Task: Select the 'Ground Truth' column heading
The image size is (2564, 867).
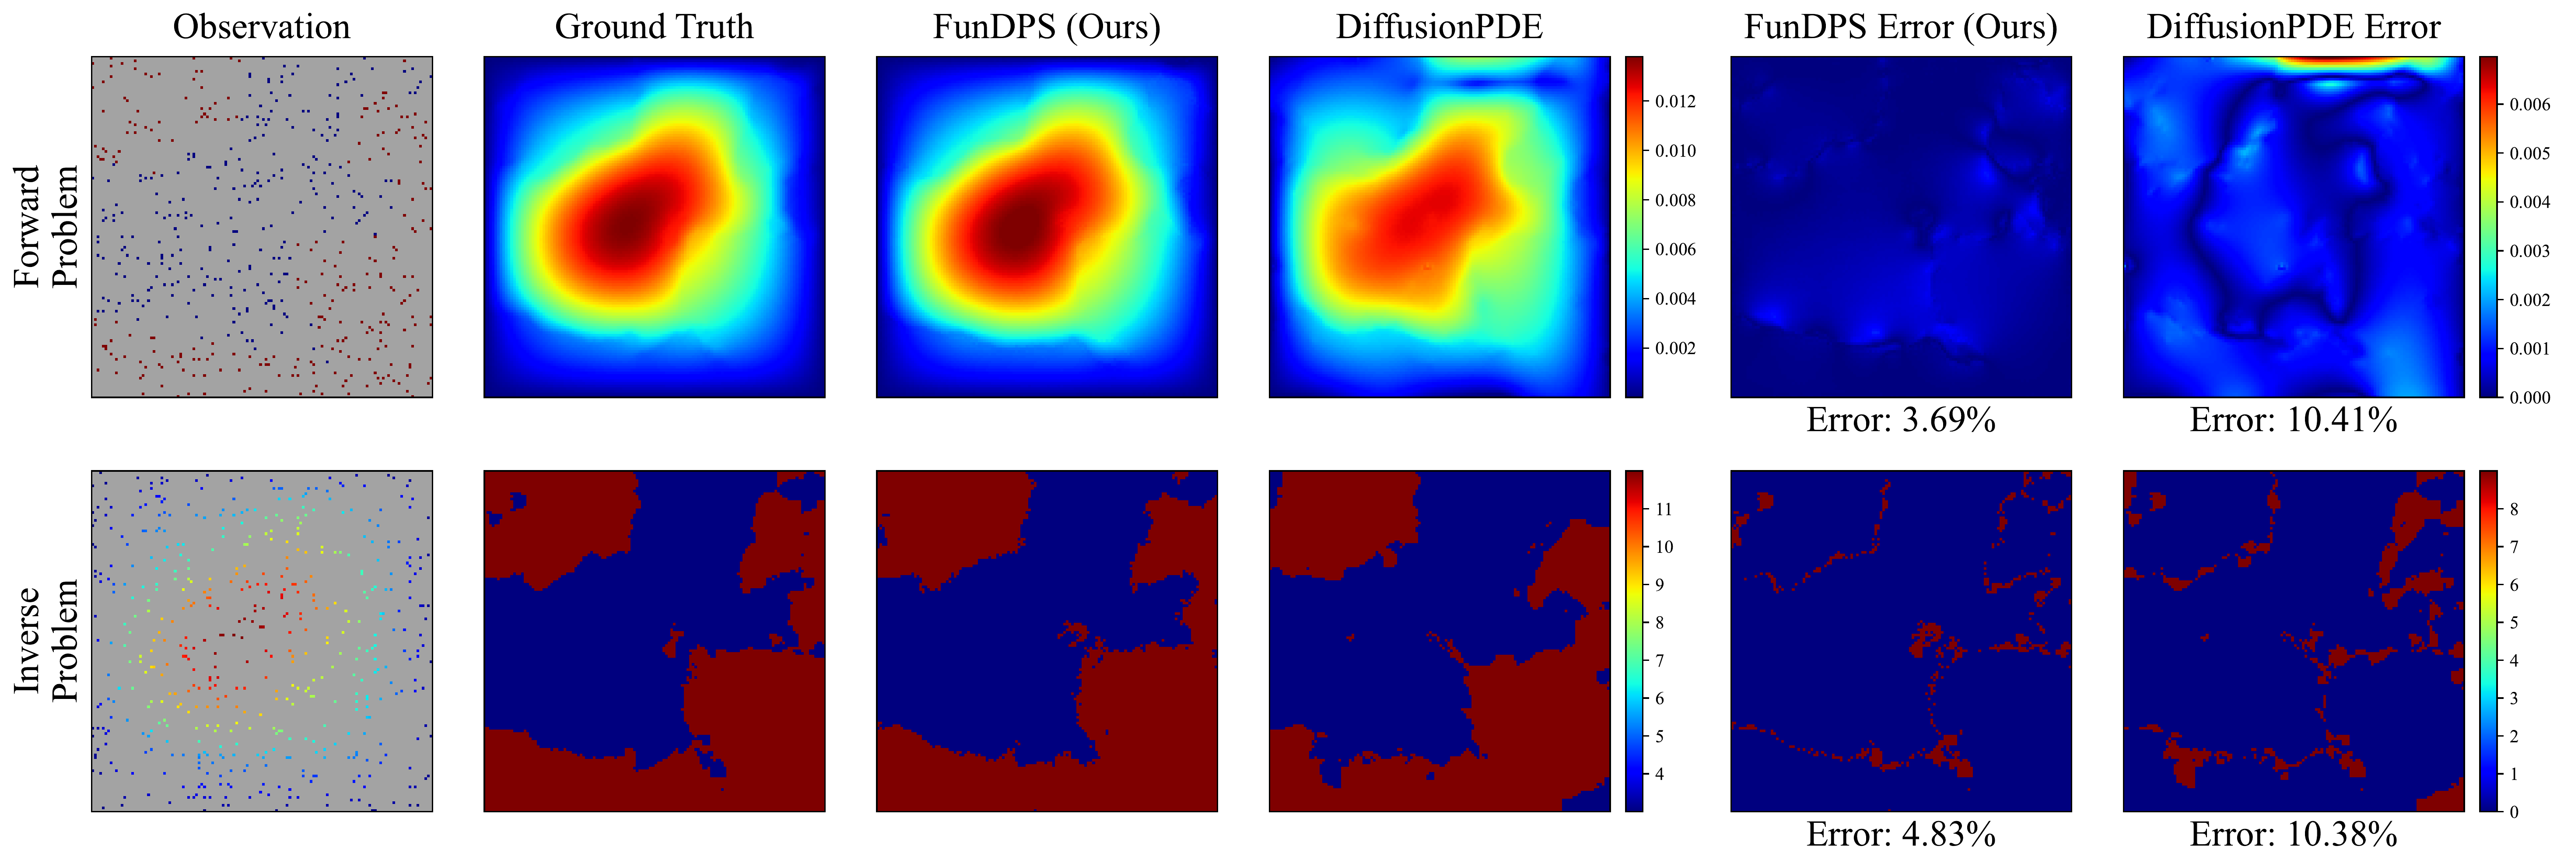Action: pos(654,27)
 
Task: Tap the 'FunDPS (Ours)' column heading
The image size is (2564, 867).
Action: pos(1046,27)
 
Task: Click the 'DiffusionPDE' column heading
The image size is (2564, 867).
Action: pos(1439,27)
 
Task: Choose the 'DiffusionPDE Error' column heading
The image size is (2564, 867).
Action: pos(2293,27)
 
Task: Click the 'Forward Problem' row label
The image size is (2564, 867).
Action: pos(45,227)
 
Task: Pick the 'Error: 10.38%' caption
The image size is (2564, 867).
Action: pos(2293,834)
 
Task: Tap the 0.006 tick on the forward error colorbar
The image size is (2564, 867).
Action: pos(2529,105)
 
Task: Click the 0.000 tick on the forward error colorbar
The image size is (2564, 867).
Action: pos(2529,397)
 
